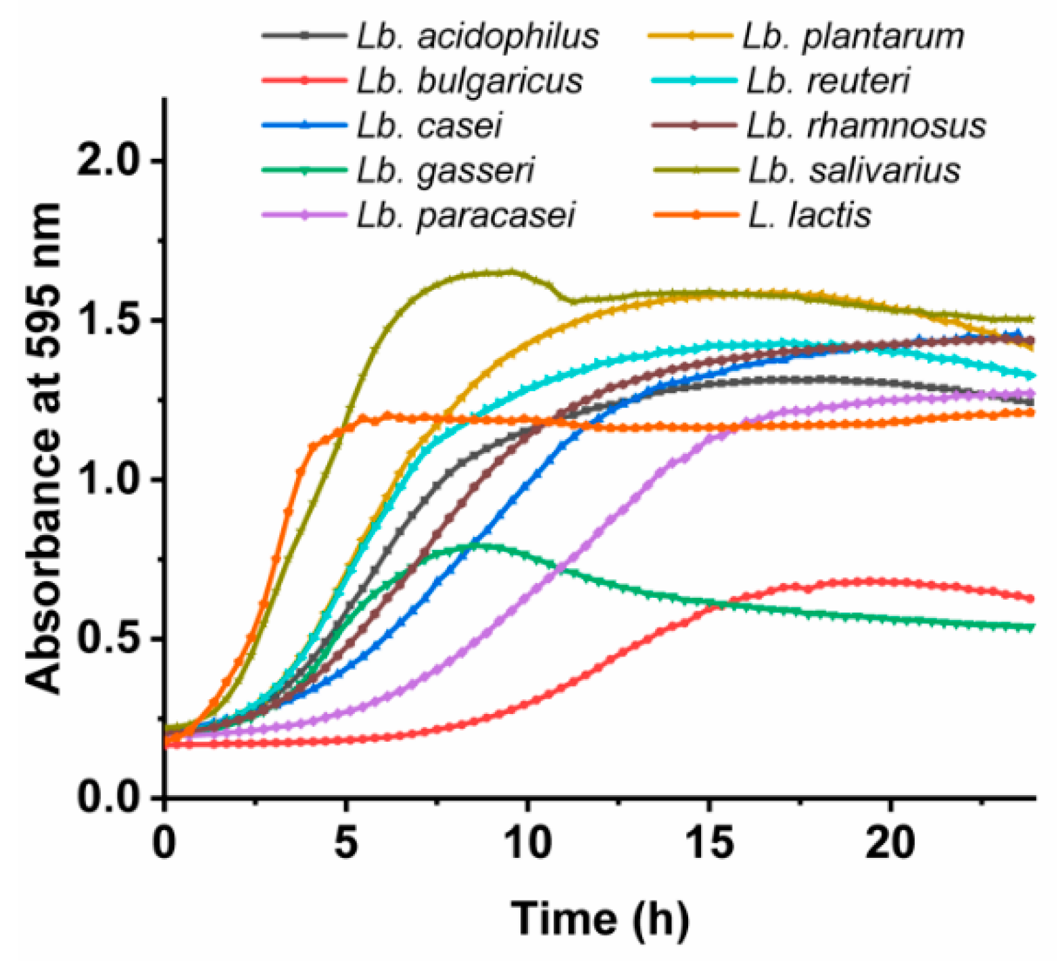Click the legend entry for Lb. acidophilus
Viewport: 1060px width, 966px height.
477,36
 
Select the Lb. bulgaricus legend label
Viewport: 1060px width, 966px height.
469,81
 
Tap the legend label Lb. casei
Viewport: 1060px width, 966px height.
429,126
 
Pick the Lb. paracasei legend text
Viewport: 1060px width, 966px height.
466,215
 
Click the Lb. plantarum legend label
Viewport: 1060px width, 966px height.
853,36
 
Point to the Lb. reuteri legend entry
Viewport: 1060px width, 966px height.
828,81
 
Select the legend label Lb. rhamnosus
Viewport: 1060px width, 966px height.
866,126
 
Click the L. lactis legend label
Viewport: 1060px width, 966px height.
809,215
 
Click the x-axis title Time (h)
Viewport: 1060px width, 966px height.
600,919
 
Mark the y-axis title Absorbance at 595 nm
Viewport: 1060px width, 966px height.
45,447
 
